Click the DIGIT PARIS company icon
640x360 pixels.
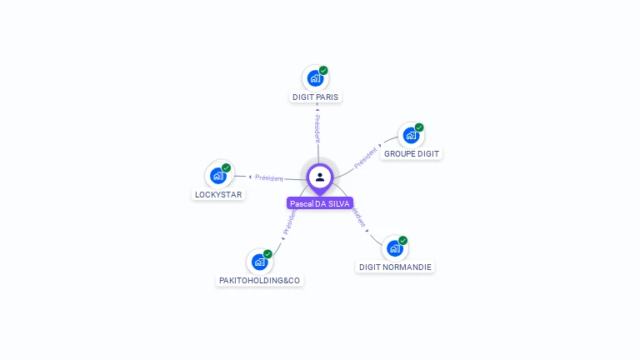pos(315,78)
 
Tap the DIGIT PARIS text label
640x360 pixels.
pos(316,97)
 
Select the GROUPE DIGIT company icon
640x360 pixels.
pos(411,135)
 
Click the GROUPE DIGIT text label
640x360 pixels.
pos(412,153)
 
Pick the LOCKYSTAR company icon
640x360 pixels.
pos(218,175)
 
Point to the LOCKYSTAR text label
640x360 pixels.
pos(218,195)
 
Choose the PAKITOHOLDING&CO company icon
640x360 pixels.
pos(259,262)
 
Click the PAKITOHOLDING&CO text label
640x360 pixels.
pos(259,281)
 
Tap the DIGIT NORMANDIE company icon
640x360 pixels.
pos(394,247)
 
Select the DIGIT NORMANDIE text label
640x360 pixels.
pos(395,267)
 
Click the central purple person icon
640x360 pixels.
pos(320,177)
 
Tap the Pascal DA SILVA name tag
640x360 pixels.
pos(320,203)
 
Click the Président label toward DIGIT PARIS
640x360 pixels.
pos(317,127)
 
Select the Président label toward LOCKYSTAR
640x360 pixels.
pos(269,177)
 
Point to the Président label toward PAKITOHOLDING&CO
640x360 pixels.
pos(288,222)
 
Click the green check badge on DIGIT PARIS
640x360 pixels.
pos(323,71)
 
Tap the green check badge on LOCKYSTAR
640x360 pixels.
pos(226,167)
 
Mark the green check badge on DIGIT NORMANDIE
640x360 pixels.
pos(402,240)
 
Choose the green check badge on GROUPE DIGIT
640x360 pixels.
pos(419,127)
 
